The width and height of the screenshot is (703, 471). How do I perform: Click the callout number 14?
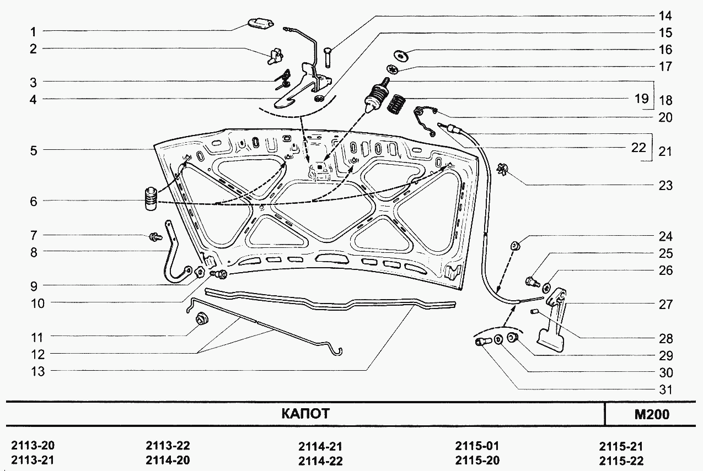666,15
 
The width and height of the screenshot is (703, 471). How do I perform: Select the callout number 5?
34,150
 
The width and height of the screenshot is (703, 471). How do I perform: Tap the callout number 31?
666,390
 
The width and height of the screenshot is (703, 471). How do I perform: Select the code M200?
651,414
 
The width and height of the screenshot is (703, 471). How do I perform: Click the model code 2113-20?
33,446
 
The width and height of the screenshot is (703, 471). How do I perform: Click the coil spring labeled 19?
395,104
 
